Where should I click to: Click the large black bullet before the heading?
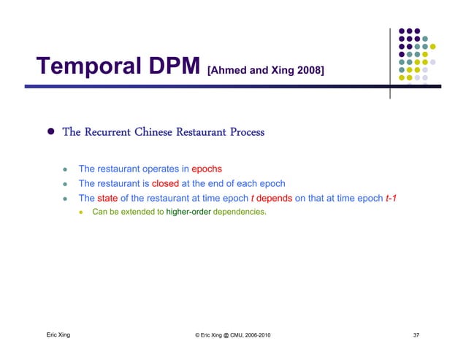pos(51,133)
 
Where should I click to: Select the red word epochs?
pos(207,169)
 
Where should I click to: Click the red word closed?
pos(165,184)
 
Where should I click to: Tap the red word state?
pos(107,198)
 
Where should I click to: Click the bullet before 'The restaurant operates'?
pos(65,170)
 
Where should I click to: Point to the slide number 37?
pos(416,335)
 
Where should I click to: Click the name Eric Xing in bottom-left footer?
pos(58,335)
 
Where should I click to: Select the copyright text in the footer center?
pos(232,335)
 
